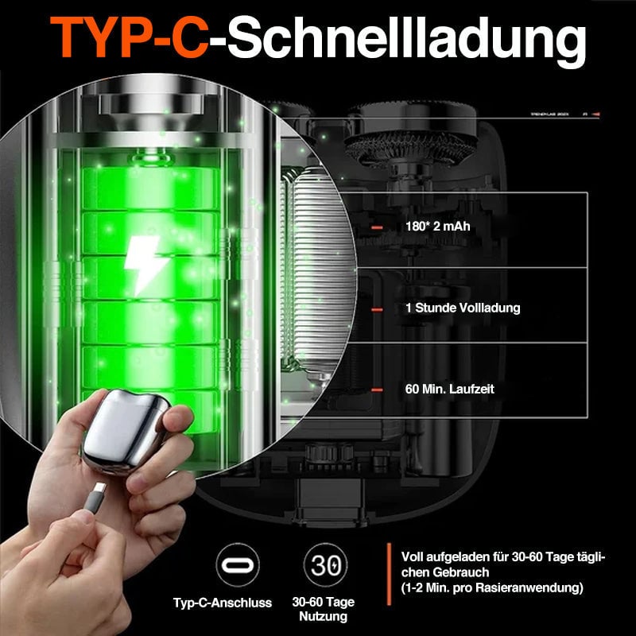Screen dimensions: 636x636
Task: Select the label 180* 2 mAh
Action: pyautogui.click(x=437, y=227)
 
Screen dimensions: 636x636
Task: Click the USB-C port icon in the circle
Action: pyautogui.click(x=238, y=566)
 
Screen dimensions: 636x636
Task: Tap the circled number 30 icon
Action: pyautogui.click(x=324, y=566)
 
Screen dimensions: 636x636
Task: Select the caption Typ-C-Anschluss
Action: pyautogui.click(x=223, y=603)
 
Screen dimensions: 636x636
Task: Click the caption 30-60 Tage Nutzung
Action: pyautogui.click(x=323, y=609)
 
